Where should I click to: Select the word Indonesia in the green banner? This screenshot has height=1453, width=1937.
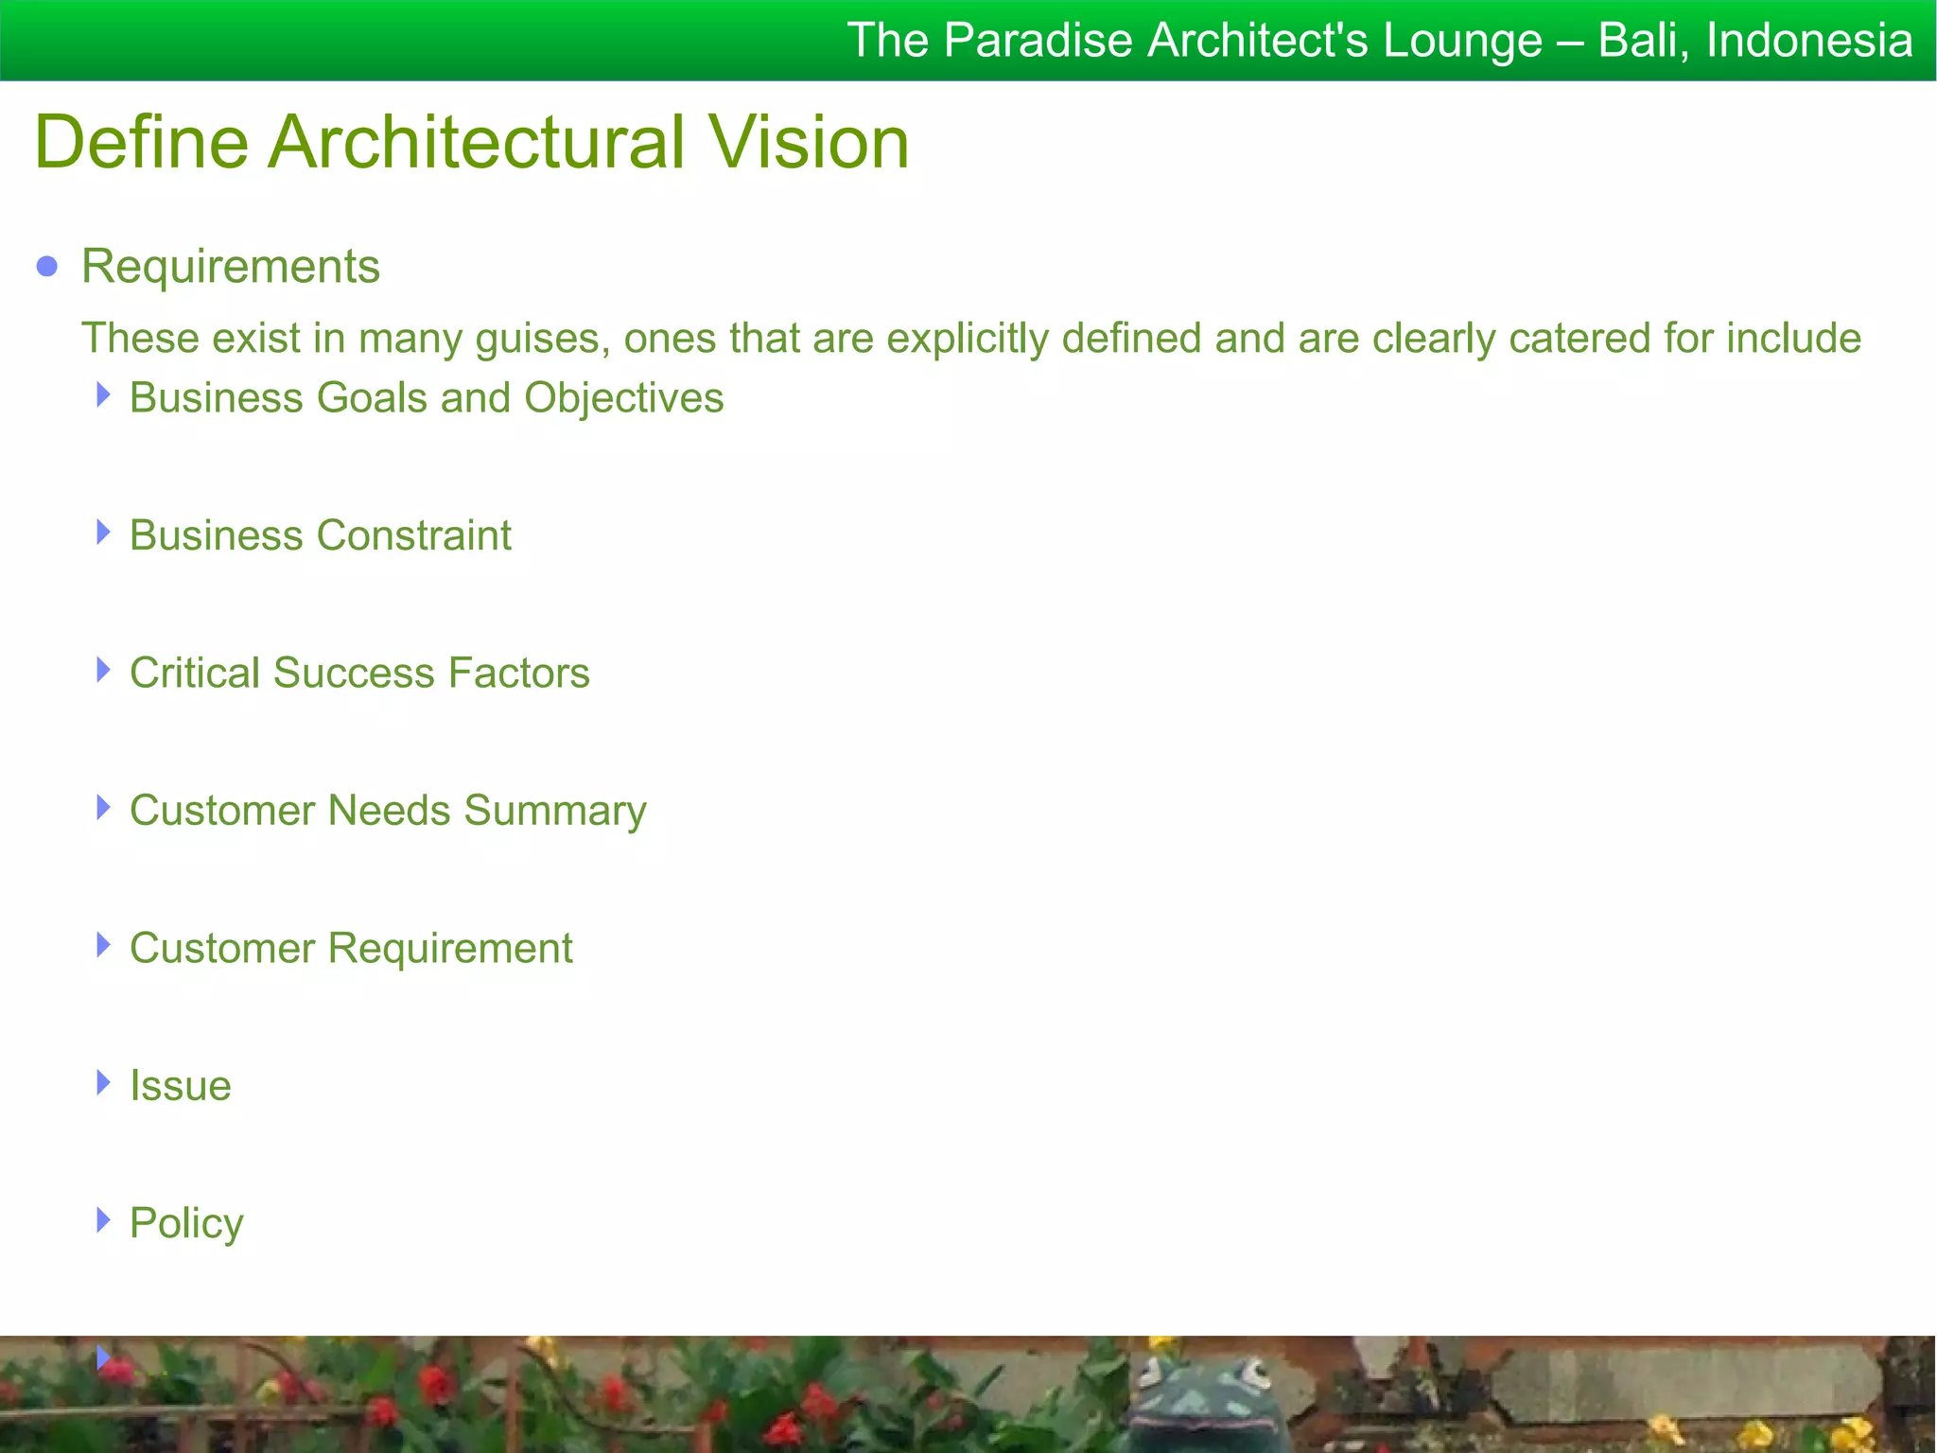coord(1809,41)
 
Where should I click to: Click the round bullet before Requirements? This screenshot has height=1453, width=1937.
coord(47,267)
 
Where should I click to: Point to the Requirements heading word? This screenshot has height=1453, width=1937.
coord(231,267)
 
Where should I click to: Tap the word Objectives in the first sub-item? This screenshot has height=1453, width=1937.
coord(624,398)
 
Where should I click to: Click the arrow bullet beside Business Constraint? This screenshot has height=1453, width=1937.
coord(103,533)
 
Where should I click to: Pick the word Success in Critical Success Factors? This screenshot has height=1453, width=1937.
coord(360,674)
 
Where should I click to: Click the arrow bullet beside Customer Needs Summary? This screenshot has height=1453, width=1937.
coord(103,808)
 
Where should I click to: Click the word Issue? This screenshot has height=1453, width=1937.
coord(181,1086)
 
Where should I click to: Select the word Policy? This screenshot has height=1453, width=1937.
coord(186,1224)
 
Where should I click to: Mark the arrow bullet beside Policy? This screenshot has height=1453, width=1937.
coord(103,1220)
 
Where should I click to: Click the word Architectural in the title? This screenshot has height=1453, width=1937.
coord(477,142)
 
